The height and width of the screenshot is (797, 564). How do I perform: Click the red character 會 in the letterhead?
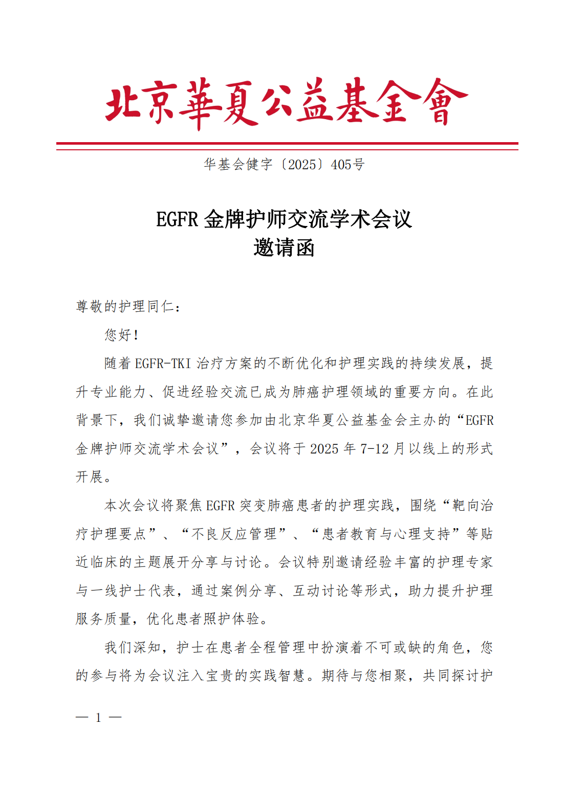point(441,102)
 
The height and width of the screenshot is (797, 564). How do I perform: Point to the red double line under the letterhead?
point(287,146)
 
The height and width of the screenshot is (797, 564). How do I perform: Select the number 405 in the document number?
point(341,165)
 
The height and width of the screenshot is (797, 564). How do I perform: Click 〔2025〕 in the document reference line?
point(302,165)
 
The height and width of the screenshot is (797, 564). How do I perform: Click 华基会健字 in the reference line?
point(238,165)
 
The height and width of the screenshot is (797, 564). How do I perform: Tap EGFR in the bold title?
point(177,220)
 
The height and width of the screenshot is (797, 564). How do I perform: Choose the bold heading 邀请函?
point(284,248)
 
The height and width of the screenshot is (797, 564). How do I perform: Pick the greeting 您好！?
point(122,335)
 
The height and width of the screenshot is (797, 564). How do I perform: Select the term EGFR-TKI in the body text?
point(163,363)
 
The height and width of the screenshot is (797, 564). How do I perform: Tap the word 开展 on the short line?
point(90,477)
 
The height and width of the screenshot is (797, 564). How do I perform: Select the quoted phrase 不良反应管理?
point(233,534)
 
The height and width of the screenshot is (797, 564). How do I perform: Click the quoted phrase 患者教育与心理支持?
point(386,534)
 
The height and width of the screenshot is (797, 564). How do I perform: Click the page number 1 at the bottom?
point(98,718)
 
